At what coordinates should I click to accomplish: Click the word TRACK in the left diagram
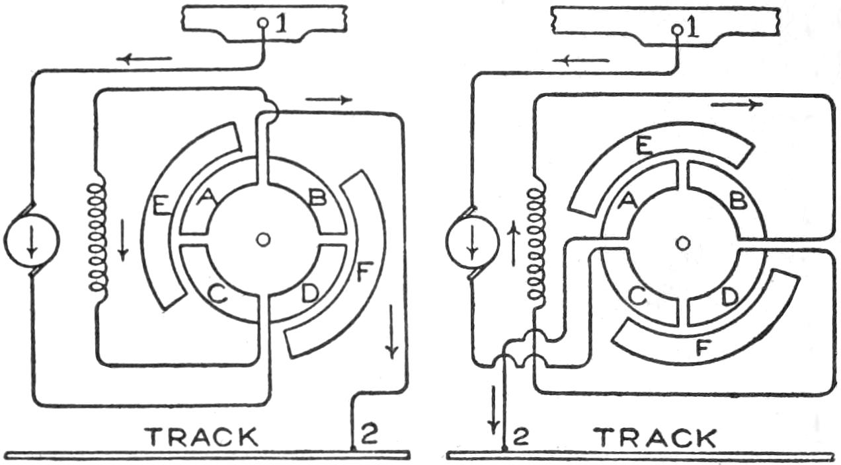(x=202, y=437)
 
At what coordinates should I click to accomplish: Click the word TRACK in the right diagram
(x=654, y=437)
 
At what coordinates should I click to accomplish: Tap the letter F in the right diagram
(x=705, y=347)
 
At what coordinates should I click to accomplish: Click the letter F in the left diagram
(x=361, y=273)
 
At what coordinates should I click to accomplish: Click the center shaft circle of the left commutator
(x=263, y=240)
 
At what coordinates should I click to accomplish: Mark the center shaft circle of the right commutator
(x=683, y=244)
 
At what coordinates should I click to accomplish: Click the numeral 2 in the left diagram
(x=369, y=433)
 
